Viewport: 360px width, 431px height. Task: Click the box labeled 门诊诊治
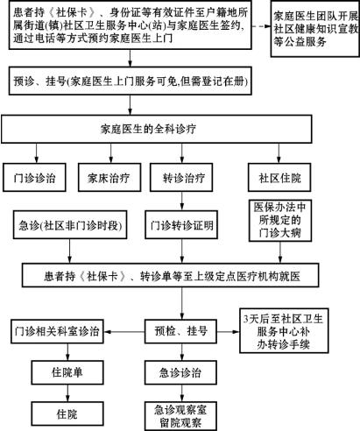pyautogui.click(x=34, y=177)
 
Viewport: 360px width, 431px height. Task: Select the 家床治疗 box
pyautogui.click(x=109, y=177)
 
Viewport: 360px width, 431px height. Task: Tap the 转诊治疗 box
pyautogui.click(x=181, y=177)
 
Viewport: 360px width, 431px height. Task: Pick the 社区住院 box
pyautogui.click(x=279, y=177)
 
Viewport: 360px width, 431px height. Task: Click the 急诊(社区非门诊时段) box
pyautogui.click(x=70, y=224)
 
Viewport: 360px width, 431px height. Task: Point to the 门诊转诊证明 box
pyautogui.click(x=181, y=224)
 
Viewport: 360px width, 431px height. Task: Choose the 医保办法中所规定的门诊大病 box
pyautogui.click(x=280, y=221)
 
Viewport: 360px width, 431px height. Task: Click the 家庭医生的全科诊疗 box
pyautogui.click(x=157, y=129)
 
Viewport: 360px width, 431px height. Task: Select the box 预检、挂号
pyautogui.click(x=180, y=331)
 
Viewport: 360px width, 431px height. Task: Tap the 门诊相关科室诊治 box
pyautogui.click(x=57, y=331)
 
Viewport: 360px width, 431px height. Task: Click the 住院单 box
pyautogui.click(x=67, y=372)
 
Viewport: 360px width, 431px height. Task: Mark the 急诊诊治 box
pyautogui.click(x=180, y=372)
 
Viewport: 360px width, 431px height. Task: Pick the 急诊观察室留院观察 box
pyautogui.click(x=180, y=416)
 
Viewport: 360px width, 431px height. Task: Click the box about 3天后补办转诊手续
pyautogui.click(x=284, y=330)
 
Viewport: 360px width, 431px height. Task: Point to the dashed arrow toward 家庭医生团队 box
pyautogui.click(x=261, y=26)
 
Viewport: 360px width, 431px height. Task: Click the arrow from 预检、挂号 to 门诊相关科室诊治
pyautogui.click(x=124, y=332)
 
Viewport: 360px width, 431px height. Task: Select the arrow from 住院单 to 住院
pyautogui.click(x=67, y=393)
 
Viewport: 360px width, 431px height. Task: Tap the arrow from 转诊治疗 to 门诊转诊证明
pyautogui.click(x=182, y=201)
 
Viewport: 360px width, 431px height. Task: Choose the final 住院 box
pyautogui.click(x=67, y=413)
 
